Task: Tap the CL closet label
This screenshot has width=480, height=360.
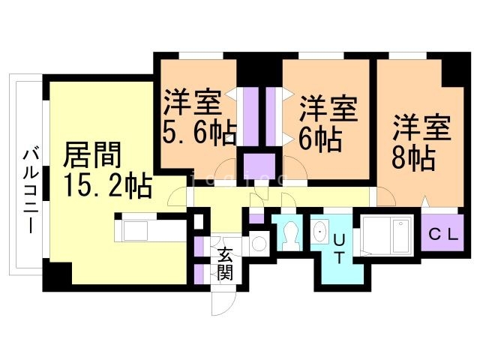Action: click(444, 232)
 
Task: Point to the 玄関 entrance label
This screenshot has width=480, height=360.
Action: click(225, 262)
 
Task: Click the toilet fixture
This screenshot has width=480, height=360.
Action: click(288, 235)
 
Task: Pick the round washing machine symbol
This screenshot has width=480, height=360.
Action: click(259, 242)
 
